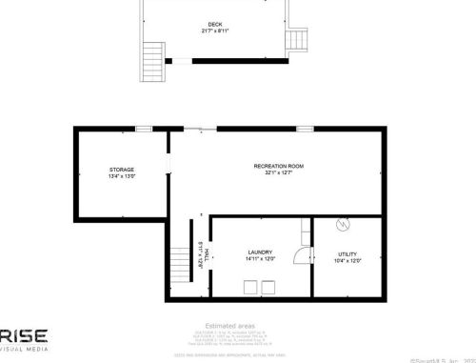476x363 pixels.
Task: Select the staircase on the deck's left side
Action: point(150,62)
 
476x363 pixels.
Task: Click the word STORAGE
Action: point(122,170)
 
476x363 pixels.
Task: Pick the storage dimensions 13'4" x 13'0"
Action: point(122,177)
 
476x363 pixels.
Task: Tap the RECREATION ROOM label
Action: point(279,167)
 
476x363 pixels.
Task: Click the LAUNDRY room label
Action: point(260,252)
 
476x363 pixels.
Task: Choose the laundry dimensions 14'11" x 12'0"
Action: point(260,260)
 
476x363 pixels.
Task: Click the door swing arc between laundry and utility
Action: point(303,255)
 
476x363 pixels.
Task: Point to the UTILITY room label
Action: point(347,253)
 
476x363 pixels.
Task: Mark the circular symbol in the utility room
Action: point(346,226)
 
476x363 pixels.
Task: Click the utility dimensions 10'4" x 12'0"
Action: point(347,261)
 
